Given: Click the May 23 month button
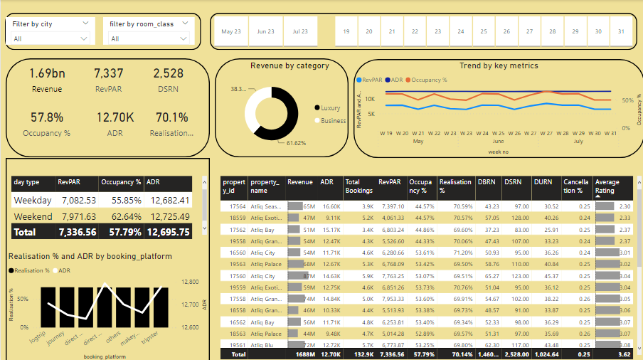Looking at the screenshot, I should [x=231, y=32].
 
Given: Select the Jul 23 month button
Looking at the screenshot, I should [x=300, y=32].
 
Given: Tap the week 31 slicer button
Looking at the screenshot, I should [x=622, y=32].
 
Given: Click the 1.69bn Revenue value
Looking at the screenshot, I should [x=47, y=73].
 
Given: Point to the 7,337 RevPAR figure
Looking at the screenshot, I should [x=108, y=73].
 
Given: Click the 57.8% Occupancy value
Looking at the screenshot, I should [x=47, y=117].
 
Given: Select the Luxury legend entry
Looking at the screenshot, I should [x=330, y=108].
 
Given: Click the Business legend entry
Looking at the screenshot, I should [x=333, y=121].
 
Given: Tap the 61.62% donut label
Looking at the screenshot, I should [x=296, y=143].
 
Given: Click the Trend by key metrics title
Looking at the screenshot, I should [x=499, y=65].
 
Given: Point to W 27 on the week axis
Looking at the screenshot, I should [x=546, y=133].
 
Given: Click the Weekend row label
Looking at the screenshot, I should [x=32, y=216].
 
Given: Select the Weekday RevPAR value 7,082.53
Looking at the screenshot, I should [x=78, y=201].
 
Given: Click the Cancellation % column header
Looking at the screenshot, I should [x=576, y=186].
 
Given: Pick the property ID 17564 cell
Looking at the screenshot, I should [x=237, y=206].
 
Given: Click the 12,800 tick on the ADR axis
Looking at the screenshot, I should [x=192, y=282].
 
